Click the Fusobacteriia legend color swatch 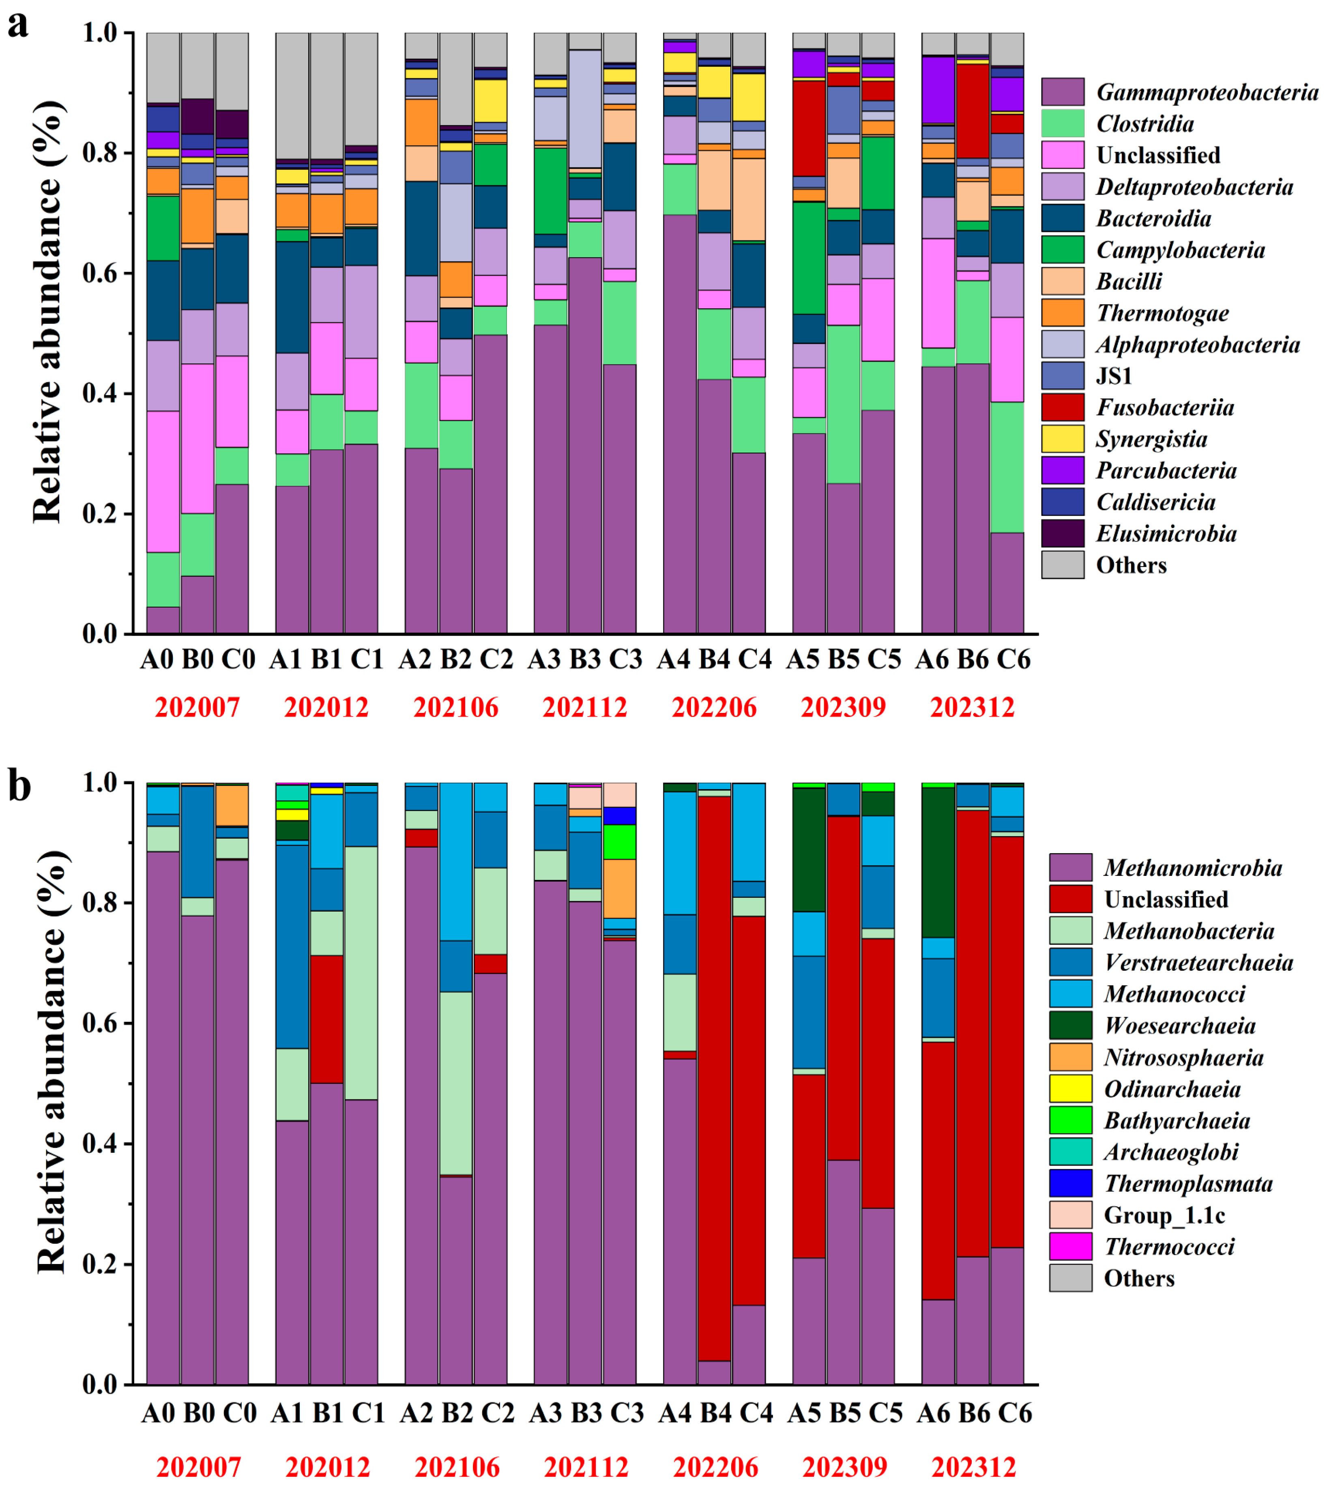coord(1062,407)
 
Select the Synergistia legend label coord(1151,439)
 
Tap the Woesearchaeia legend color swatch coord(1070,1025)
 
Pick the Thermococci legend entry coord(1169,1246)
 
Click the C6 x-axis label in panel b coord(1014,1413)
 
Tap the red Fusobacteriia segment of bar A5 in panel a coord(809,128)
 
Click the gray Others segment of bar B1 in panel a coord(326,95)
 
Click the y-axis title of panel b coord(52,1064)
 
